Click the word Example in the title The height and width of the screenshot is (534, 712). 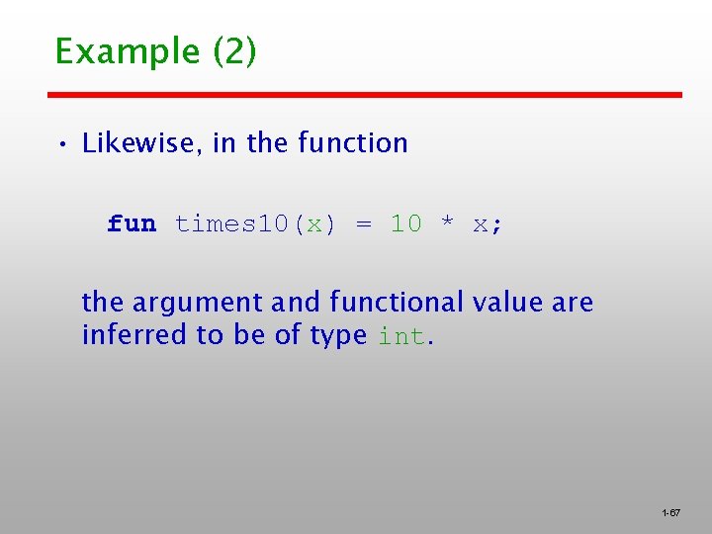click(x=129, y=50)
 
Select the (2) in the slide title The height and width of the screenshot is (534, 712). click(x=234, y=50)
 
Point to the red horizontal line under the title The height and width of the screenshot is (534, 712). click(x=366, y=95)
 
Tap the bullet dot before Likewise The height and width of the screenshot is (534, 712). click(x=61, y=145)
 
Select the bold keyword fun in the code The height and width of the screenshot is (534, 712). click(x=132, y=224)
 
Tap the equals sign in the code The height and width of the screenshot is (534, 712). click(x=364, y=224)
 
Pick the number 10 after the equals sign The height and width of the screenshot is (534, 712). click(x=405, y=224)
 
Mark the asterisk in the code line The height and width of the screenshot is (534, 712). click(x=447, y=223)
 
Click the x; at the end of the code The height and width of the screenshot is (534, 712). click(x=488, y=224)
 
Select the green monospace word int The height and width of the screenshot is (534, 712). click(x=402, y=336)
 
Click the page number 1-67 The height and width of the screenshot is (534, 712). click(x=670, y=513)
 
